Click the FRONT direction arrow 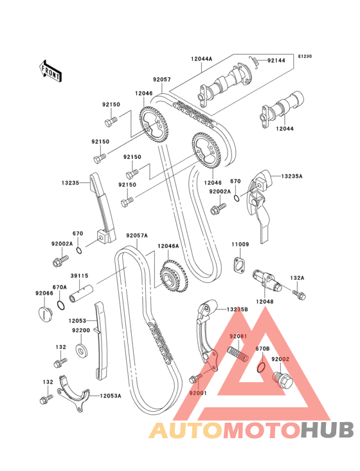(x=50, y=71)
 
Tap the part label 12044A (x=201, y=59)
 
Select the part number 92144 (x=276, y=60)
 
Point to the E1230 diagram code (x=305, y=56)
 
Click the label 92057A (x=137, y=235)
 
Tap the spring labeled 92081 (x=238, y=355)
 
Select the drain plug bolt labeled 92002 (x=282, y=380)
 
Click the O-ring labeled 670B (x=262, y=367)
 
